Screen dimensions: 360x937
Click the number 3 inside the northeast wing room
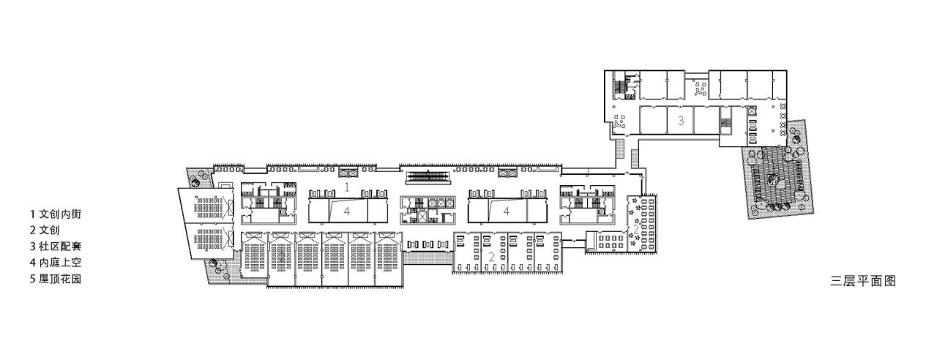pyautogui.click(x=680, y=121)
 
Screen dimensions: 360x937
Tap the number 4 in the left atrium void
pyautogui.click(x=347, y=211)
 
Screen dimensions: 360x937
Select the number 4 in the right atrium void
pyautogui.click(x=506, y=211)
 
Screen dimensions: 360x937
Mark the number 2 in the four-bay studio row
pyautogui.click(x=491, y=257)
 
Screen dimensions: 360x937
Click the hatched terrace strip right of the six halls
pyautogui.click(x=428, y=258)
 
